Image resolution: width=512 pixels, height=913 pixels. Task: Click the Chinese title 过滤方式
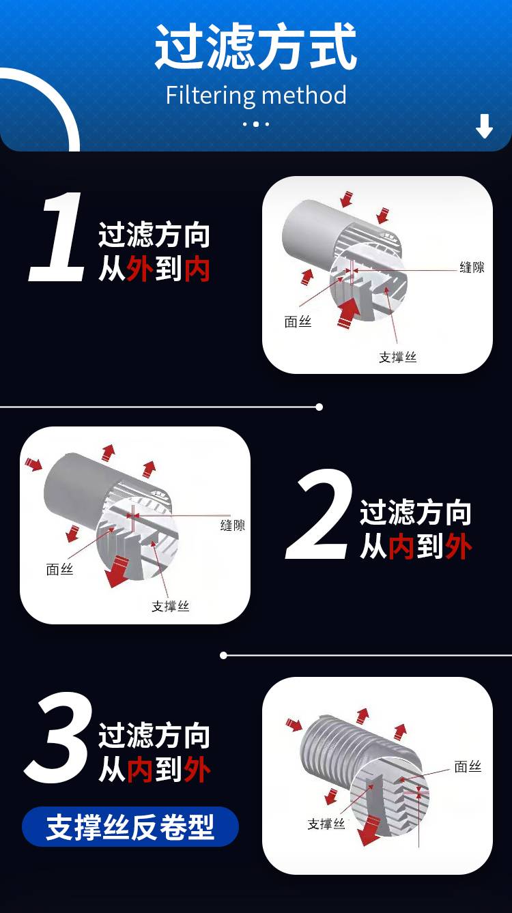pyautogui.click(x=256, y=46)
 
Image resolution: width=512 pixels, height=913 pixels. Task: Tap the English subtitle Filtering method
pyautogui.click(x=256, y=95)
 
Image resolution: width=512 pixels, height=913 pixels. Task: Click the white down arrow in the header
pyautogui.click(x=484, y=126)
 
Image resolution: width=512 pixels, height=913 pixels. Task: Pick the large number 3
pyautogui.click(x=58, y=738)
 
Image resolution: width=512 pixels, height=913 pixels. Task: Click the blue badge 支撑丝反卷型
pyautogui.click(x=130, y=826)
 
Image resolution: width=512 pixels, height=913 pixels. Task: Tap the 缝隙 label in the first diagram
pyautogui.click(x=472, y=267)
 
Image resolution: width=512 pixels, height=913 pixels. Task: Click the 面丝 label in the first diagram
pyautogui.click(x=298, y=322)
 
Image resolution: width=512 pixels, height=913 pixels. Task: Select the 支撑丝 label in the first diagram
pyautogui.click(x=397, y=358)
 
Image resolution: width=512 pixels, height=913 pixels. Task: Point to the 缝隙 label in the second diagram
pyautogui.click(x=233, y=525)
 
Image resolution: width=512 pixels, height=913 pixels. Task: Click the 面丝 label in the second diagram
pyautogui.click(x=59, y=569)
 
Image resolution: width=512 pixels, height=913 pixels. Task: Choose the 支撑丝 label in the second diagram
pyautogui.click(x=171, y=607)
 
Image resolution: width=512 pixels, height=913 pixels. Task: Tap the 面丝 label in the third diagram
pyautogui.click(x=468, y=767)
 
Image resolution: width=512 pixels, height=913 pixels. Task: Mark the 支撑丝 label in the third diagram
pyautogui.click(x=326, y=824)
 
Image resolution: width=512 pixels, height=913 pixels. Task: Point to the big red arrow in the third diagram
pyautogui.click(x=369, y=830)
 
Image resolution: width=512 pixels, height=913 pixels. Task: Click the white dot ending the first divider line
pyautogui.click(x=319, y=407)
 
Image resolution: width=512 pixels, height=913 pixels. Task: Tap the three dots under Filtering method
pyautogui.click(x=256, y=124)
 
